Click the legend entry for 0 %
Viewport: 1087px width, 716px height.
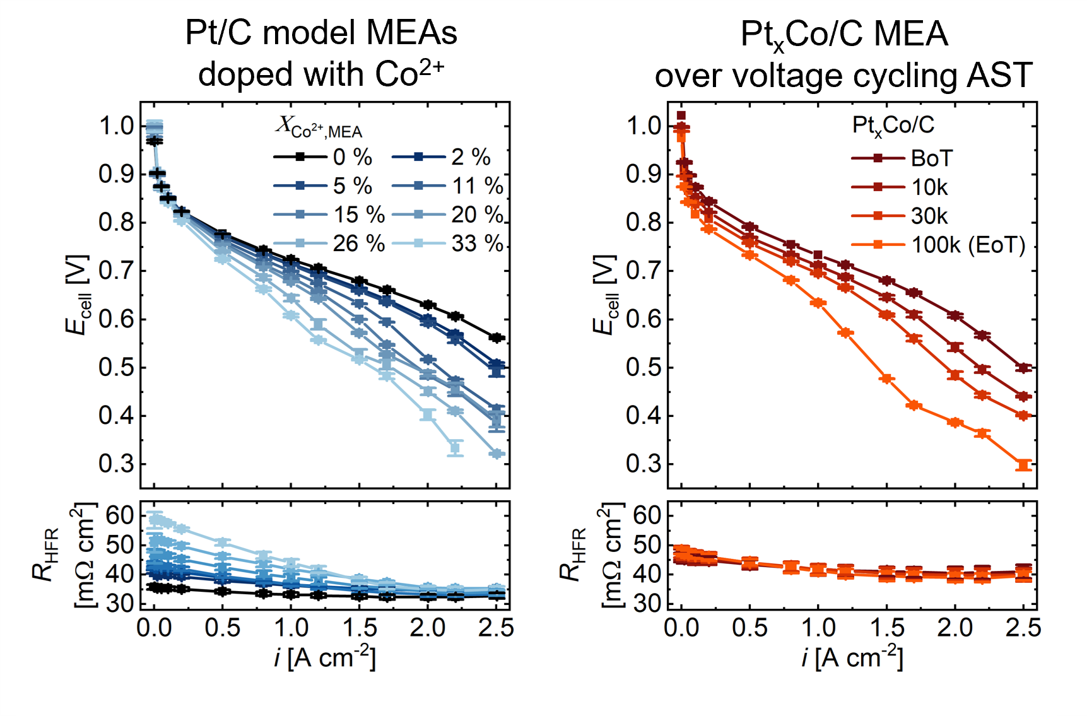[x=323, y=157]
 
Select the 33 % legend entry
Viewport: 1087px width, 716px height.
[x=448, y=244]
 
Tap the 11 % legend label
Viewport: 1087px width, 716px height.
[x=478, y=186]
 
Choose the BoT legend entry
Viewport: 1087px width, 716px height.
[x=902, y=158]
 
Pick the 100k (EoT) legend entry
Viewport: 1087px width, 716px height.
[x=938, y=245]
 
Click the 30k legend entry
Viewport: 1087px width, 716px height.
[x=900, y=216]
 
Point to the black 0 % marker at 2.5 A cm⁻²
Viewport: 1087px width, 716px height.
[x=496, y=338]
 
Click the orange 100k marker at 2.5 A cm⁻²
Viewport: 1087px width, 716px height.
[x=1024, y=465]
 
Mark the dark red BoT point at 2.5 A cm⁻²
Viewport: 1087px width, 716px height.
[x=1024, y=368]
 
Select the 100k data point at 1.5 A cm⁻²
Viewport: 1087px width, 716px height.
[x=887, y=379]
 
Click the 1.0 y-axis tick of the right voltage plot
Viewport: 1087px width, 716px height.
[x=643, y=126]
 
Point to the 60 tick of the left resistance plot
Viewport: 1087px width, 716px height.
[x=120, y=515]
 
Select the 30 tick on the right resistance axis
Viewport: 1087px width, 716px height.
[x=647, y=603]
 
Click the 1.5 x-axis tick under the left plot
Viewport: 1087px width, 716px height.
[x=359, y=628]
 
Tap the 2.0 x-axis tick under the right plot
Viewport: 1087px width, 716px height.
[x=955, y=628]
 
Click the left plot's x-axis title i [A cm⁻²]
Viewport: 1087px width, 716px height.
[x=324, y=657]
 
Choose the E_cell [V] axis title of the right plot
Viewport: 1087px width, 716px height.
[x=604, y=294]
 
